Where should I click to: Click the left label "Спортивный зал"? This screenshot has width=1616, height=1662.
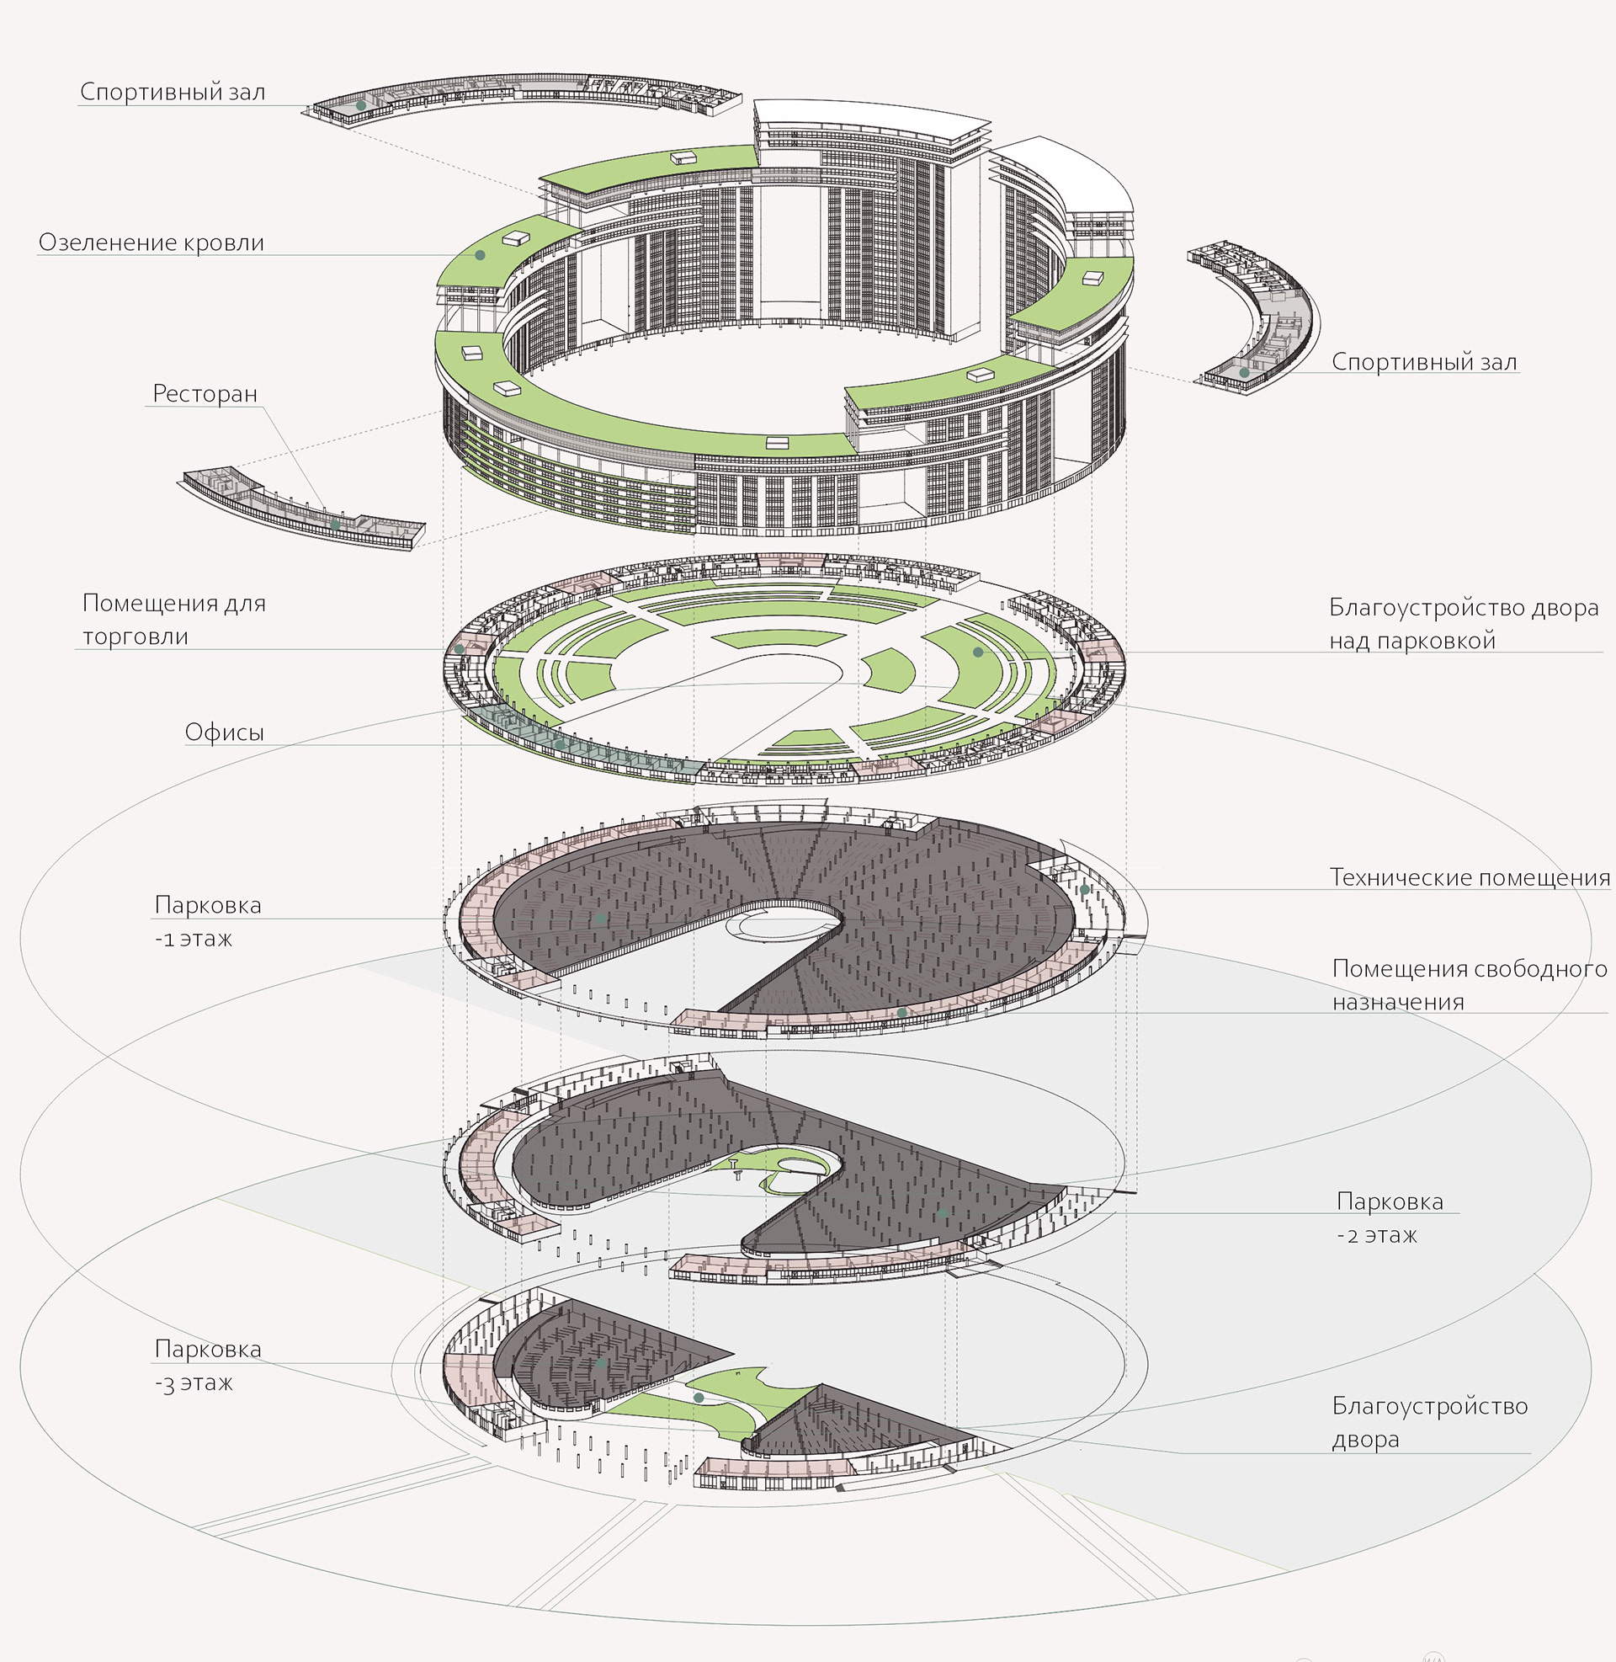coord(173,92)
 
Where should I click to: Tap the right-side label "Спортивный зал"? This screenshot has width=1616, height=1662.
coord(1423,361)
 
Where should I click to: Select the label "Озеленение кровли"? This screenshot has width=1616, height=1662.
coord(151,242)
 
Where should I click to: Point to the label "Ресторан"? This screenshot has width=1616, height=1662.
coord(205,394)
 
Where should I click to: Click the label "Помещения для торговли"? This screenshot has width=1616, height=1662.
coord(173,620)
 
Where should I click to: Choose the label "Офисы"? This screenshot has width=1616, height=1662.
coord(224,732)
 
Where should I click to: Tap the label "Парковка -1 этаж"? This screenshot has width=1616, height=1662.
coord(206,921)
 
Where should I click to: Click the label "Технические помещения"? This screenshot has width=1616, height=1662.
coord(1469,876)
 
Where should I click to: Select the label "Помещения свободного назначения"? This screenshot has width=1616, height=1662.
coord(1469,984)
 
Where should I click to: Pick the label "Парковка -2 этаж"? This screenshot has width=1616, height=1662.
coord(1389,1218)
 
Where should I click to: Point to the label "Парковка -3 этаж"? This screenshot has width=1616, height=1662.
coord(206,1365)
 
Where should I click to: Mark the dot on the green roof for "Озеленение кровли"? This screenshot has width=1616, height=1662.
coord(480,254)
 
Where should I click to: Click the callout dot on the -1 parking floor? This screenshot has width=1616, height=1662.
coord(602,919)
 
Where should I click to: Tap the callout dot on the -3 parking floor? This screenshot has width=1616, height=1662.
coord(602,1363)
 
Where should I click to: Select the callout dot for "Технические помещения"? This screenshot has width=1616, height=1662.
coord(1085,890)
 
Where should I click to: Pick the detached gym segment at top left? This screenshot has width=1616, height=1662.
coord(526,95)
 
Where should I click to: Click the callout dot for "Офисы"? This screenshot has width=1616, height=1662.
coord(560,744)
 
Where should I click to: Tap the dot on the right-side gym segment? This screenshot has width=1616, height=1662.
coord(1244,373)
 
